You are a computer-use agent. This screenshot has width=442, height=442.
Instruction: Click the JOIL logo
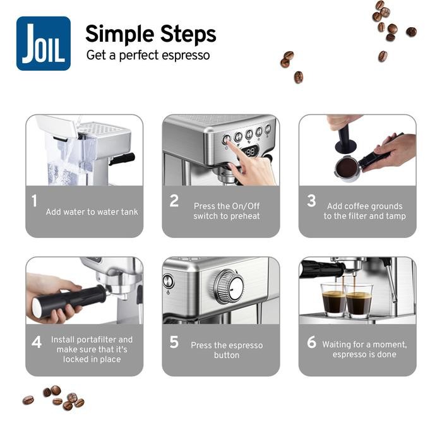point(44,43)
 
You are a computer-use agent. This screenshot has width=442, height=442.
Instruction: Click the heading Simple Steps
point(150,33)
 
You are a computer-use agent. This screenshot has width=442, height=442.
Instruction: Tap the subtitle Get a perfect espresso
point(148,56)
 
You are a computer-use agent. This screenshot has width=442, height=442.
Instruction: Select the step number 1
point(34,201)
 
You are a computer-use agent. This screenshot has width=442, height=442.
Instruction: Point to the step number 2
point(174,201)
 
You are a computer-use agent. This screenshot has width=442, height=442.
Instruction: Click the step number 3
point(311,201)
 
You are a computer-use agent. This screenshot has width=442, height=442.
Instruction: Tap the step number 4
point(37,342)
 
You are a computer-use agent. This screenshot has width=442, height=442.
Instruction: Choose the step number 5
point(174,342)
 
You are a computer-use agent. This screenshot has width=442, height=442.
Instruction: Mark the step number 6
point(311,342)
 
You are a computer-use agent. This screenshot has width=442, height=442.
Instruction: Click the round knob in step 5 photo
point(229,287)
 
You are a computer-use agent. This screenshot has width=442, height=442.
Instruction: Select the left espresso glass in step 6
point(333,301)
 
